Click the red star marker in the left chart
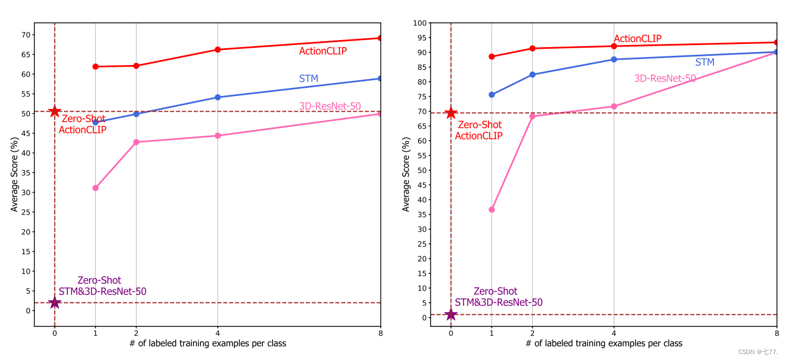54,111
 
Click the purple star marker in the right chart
450,314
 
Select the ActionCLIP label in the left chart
323,51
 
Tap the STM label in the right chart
705,62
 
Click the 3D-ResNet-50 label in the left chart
330,106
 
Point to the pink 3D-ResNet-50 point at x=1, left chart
95,188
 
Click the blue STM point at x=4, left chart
217,98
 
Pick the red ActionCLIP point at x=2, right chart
532,48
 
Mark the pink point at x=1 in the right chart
492,209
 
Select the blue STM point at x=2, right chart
532,74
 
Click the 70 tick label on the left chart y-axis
24,35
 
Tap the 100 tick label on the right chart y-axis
419,23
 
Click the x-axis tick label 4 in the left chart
217,333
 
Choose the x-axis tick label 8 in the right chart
776,333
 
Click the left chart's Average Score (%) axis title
15,174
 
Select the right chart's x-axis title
603,344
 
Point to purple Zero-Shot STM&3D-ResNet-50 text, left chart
102,286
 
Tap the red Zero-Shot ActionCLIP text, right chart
479,131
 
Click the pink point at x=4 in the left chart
217,136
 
